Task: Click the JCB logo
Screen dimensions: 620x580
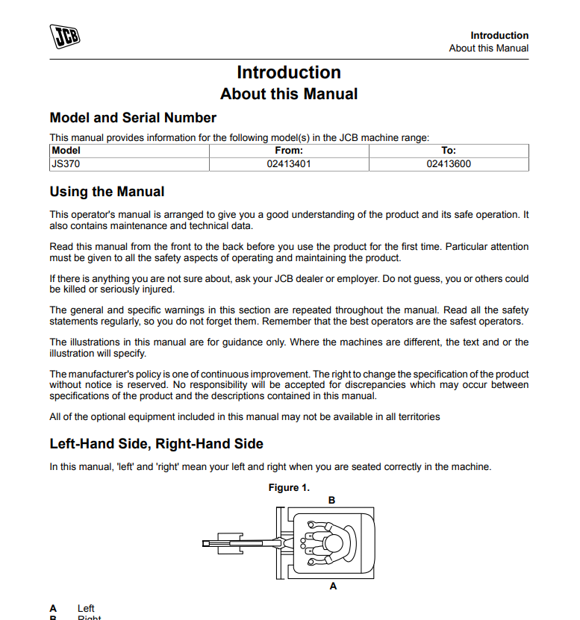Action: click(x=64, y=37)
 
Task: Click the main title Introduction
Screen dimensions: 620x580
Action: click(x=289, y=72)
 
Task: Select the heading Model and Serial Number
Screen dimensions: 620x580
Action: click(x=133, y=118)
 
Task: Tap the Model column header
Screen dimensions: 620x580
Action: click(x=66, y=151)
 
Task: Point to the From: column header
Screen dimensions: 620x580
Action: click(x=289, y=151)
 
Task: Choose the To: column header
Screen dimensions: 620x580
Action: click(x=449, y=151)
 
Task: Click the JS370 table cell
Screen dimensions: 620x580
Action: click(x=64, y=164)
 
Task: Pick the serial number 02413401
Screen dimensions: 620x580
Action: click(x=289, y=164)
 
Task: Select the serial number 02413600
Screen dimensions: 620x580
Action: click(x=449, y=164)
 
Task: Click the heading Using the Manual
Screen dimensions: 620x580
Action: click(x=107, y=192)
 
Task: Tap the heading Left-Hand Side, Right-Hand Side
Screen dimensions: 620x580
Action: click(x=156, y=444)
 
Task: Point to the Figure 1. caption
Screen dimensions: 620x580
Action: click(x=289, y=488)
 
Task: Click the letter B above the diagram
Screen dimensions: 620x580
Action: click(x=332, y=499)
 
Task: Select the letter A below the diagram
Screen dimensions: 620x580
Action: click(x=333, y=586)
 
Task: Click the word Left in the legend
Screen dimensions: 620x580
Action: click(x=86, y=609)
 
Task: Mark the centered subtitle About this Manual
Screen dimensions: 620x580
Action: click(x=289, y=94)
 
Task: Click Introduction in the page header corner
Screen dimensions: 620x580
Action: click(x=499, y=35)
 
